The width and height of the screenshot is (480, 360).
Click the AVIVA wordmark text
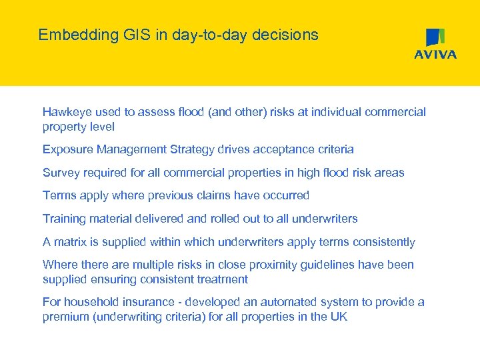point(435,55)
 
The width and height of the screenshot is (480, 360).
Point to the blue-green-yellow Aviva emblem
point(435,37)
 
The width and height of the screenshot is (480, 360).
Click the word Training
point(64,219)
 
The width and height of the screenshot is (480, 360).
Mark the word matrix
point(71,242)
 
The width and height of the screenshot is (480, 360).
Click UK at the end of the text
point(339,317)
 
